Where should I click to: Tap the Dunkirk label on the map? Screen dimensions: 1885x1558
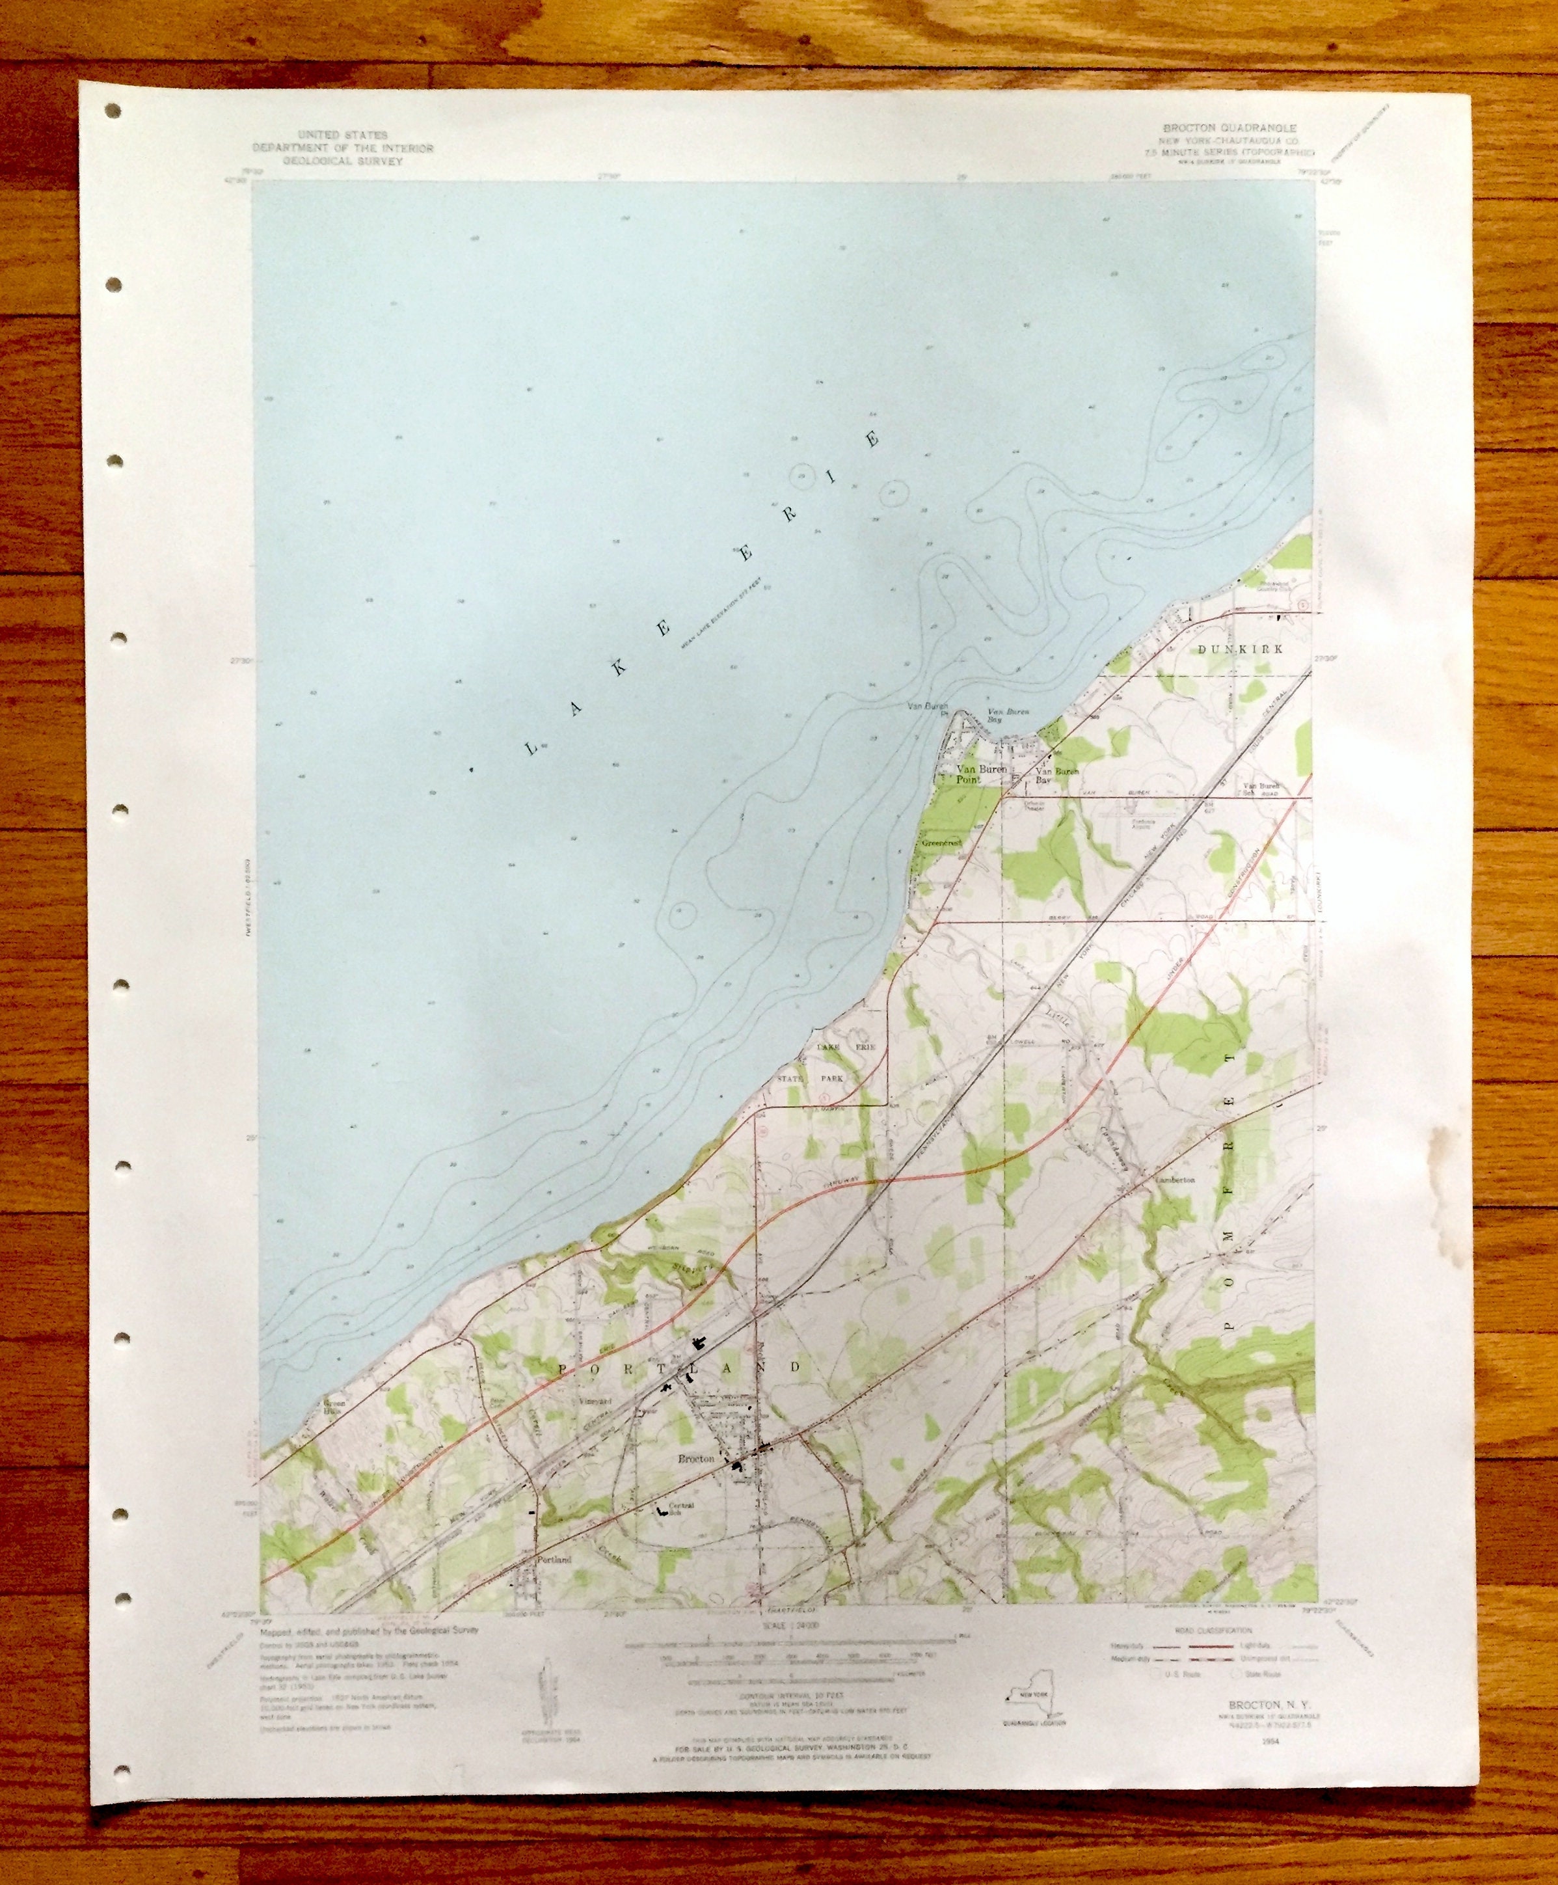point(1241,648)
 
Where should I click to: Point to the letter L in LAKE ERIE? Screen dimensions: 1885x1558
point(531,747)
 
